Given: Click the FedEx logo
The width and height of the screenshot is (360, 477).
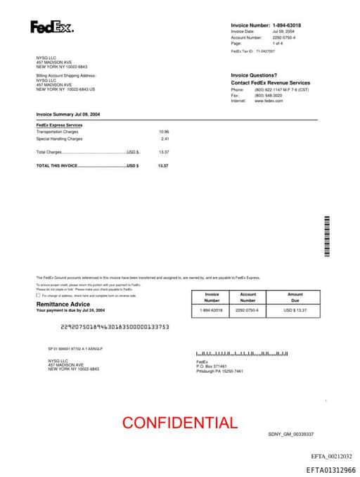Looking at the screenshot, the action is pyautogui.click(x=51, y=27).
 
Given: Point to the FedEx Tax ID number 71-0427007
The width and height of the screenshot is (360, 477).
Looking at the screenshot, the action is pyautogui.click(x=266, y=51).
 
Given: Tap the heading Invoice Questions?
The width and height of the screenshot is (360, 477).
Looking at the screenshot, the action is pyautogui.click(x=254, y=75).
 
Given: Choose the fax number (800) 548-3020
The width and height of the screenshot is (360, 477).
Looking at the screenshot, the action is pyautogui.click(x=268, y=96).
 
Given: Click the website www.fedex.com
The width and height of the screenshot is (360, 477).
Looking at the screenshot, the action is pyautogui.click(x=269, y=101).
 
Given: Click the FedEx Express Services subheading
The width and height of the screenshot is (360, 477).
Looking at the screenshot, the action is pyautogui.click(x=59, y=125).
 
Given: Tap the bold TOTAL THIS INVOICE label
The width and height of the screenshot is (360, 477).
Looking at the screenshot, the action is pyautogui.click(x=57, y=165).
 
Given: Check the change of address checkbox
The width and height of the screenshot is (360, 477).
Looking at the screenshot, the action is pyautogui.click(x=38, y=295).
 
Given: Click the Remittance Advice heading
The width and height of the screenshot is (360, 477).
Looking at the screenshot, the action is pyautogui.click(x=63, y=304).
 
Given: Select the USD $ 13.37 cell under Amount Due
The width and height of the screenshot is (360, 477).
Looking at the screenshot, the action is pyautogui.click(x=295, y=310).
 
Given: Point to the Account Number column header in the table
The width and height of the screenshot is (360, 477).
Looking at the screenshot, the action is pyautogui.click(x=247, y=298).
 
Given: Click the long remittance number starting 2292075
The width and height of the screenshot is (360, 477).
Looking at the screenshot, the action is pyautogui.click(x=115, y=326).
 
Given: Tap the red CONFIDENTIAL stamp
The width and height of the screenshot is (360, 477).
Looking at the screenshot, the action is pyautogui.click(x=179, y=423).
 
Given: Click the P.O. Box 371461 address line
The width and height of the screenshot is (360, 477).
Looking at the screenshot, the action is pyautogui.click(x=212, y=367).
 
